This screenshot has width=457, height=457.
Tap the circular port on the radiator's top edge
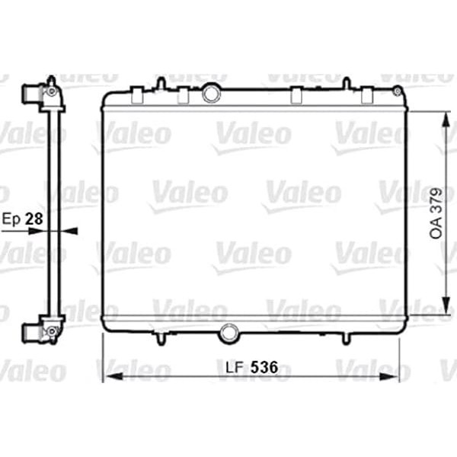[212, 93]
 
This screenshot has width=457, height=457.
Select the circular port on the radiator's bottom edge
[228, 333]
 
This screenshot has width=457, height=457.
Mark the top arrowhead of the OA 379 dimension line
[445, 116]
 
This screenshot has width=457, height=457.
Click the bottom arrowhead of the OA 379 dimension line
[445, 301]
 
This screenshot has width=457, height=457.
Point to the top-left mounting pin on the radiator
[161, 82]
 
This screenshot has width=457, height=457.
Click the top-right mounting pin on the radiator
[346, 82]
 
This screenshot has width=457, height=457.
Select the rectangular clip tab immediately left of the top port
[183, 96]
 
